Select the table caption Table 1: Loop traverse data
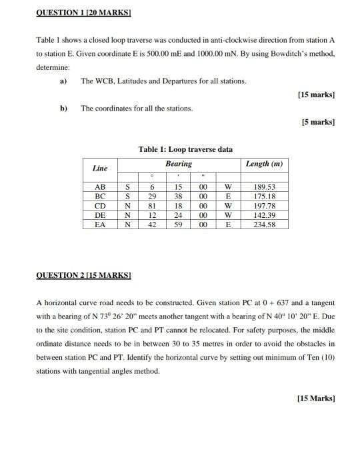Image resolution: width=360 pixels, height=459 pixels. point(185,149)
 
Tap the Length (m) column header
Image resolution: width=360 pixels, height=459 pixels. point(264,164)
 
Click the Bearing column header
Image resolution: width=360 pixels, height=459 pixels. point(179,163)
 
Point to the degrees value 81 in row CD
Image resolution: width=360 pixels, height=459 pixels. point(153,207)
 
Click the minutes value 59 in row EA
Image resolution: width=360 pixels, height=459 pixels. point(179,225)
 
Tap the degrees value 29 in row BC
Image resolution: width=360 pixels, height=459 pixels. point(153,197)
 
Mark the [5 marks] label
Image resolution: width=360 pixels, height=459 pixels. point(318,122)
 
